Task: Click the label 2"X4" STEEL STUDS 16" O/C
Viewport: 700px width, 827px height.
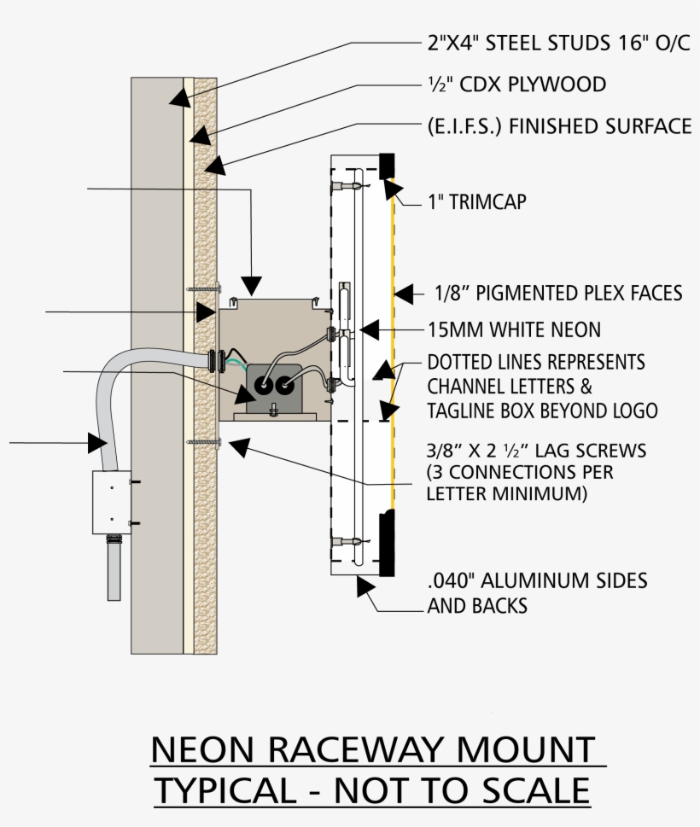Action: (x=558, y=44)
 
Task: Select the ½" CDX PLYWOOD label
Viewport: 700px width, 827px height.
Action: (x=516, y=84)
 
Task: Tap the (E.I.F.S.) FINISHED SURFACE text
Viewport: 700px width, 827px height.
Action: (x=559, y=126)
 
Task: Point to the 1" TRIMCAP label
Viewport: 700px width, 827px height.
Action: (x=476, y=203)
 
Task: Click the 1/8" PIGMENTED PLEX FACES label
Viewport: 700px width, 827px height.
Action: (x=558, y=294)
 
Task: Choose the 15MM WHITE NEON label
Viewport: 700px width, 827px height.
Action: (x=514, y=329)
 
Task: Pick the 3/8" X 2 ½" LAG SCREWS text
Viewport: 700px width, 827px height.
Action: (x=536, y=450)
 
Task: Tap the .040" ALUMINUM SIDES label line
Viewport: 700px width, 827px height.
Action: (x=537, y=581)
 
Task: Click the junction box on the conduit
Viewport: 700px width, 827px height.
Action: (x=111, y=502)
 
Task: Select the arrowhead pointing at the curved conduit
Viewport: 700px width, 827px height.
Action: (x=96, y=442)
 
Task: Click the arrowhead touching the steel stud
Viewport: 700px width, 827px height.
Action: (x=180, y=96)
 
